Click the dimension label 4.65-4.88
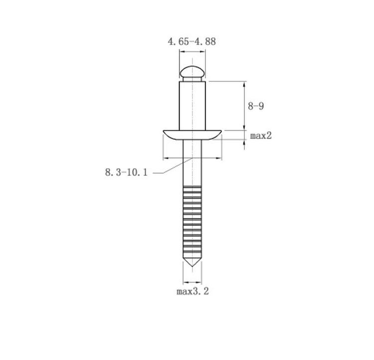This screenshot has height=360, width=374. point(192,41)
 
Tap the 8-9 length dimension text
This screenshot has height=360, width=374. point(256,106)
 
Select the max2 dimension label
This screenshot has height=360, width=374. point(261,136)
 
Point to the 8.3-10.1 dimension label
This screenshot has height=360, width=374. point(127,172)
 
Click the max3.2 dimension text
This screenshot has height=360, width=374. point(192,291)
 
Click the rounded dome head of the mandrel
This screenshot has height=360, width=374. point(192,71)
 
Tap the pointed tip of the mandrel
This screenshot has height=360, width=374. point(192,266)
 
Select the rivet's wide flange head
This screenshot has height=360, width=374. point(192,135)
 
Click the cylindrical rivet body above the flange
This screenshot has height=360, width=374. point(192,105)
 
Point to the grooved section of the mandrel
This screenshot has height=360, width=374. point(192,220)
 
